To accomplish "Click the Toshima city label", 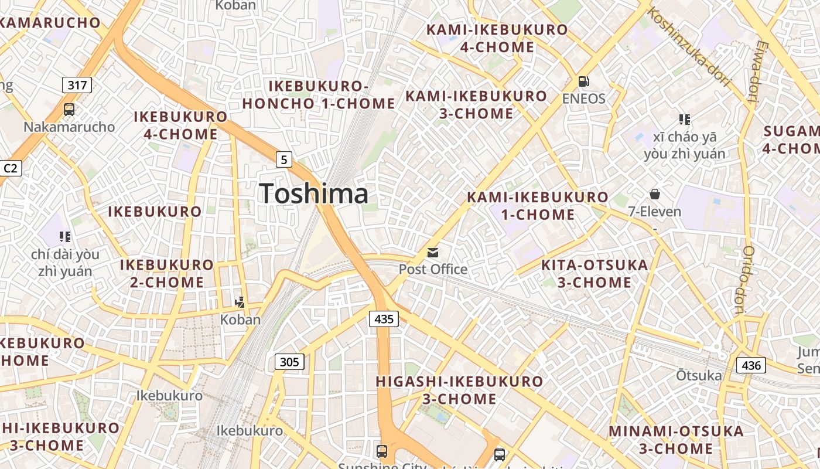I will [314, 194].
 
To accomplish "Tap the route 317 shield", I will [77, 86].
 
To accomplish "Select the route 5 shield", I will [284, 159].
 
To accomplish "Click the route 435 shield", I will [384, 319].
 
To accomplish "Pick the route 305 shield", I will [289, 362].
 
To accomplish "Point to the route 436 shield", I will [751, 366].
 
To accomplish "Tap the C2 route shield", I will [11, 169].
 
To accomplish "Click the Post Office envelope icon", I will [433, 253].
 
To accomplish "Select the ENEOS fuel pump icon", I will [583, 81].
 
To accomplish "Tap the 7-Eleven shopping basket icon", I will [654, 194].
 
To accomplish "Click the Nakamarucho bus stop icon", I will [69, 109].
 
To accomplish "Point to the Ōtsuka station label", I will [699, 375].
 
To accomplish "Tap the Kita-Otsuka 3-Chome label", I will [594, 274].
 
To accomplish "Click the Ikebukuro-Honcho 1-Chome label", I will [319, 95].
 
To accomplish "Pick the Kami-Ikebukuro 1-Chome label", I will [538, 206].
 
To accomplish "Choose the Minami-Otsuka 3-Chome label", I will [676, 440].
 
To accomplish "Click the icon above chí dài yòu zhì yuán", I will [65, 237].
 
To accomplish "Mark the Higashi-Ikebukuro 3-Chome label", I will [459, 390].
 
